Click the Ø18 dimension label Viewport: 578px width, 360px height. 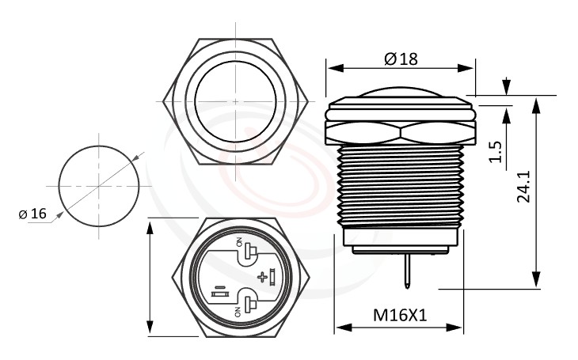(x=400, y=59)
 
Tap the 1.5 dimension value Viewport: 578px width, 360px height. (x=495, y=151)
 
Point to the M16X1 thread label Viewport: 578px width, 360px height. (x=400, y=315)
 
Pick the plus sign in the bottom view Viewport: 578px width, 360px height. (x=262, y=276)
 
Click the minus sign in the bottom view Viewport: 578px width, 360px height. (x=218, y=286)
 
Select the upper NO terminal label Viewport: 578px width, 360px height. (x=237, y=242)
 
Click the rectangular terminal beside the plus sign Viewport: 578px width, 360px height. (x=272, y=276)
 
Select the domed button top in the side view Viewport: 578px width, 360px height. (x=400, y=93)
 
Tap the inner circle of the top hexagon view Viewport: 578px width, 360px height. (x=236, y=101)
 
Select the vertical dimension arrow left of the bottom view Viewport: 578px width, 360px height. (x=150, y=277)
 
